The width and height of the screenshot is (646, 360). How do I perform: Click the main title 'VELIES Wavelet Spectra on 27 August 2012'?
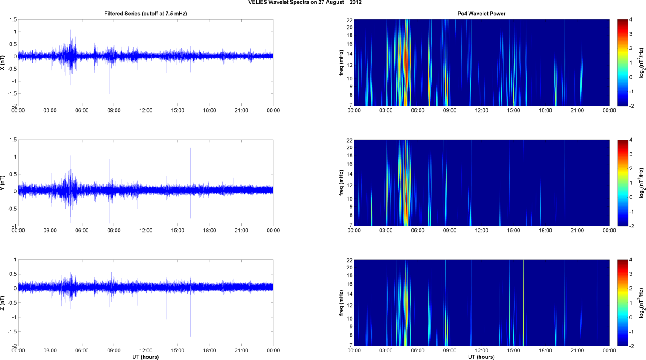tap(305, 3)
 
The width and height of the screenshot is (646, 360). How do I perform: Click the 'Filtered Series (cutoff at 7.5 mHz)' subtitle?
tap(145, 14)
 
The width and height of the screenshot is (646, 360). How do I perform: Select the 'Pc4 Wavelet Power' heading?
tap(481, 14)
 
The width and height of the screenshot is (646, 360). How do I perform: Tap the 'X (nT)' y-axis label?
tap(3, 63)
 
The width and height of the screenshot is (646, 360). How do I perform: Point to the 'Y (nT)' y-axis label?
tap(3, 183)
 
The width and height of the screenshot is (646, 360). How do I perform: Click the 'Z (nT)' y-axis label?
tap(3, 303)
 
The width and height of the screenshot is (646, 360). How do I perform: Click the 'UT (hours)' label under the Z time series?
tap(145, 357)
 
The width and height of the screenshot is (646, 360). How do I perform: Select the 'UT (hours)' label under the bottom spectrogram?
tap(481, 357)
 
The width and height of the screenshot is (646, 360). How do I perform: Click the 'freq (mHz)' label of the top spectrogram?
tap(341, 63)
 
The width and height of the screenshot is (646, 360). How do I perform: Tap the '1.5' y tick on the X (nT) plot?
tap(13, 20)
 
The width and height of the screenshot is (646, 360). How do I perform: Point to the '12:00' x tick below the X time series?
tap(146, 110)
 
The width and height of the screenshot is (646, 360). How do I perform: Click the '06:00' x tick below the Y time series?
tap(82, 231)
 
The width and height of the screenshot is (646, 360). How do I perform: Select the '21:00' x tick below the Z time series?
tap(241, 350)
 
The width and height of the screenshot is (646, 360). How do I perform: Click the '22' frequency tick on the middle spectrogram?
tap(349, 140)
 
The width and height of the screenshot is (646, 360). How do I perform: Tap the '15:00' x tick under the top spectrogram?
tap(513, 110)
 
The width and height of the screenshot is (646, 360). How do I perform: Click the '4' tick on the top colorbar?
tap(631, 20)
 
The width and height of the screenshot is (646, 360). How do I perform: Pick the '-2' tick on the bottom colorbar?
tap(632, 346)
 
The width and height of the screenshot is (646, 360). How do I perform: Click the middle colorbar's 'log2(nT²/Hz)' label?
tap(642, 183)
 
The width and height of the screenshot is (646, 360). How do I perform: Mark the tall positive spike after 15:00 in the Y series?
tap(191, 149)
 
